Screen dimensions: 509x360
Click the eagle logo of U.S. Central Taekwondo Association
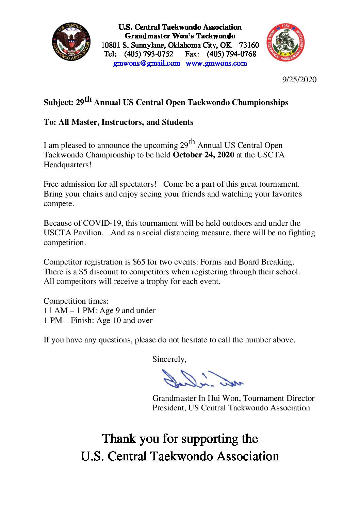coord(71,42)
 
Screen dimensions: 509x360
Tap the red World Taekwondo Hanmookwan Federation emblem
coord(285,43)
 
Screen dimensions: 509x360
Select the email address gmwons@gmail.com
coord(147,63)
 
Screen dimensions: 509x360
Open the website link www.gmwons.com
coord(216,63)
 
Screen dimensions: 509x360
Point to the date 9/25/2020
coord(299,80)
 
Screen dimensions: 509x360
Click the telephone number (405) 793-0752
coord(149,54)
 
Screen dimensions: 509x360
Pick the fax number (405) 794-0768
coord(231,54)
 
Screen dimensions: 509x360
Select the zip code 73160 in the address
coord(249,45)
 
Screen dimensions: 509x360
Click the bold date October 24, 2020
coord(203,155)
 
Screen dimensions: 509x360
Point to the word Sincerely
coord(169,359)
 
